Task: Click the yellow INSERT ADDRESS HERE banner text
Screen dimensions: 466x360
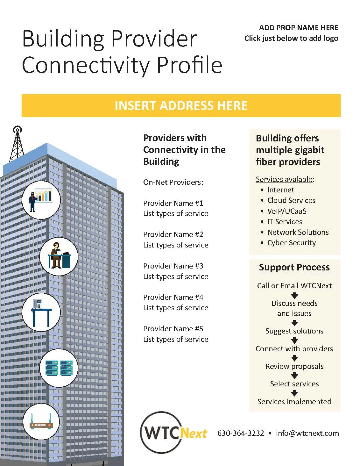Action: (181, 106)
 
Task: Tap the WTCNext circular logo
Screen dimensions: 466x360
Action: (173, 433)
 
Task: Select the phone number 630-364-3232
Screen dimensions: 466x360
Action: (241, 433)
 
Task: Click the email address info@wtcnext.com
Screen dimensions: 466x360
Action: (307, 433)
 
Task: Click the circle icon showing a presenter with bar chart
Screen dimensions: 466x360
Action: (41, 200)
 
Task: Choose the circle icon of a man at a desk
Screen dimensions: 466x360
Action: (59, 256)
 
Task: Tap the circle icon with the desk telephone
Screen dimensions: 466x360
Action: (41, 312)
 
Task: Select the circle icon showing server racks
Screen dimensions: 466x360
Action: (59, 368)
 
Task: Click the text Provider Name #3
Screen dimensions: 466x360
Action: (173, 266)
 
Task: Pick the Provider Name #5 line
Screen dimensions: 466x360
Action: (173, 329)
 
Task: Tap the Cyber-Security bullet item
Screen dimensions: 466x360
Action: (291, 243)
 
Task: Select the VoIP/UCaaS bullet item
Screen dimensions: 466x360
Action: (287, 211)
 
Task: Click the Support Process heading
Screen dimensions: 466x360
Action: (294, 267)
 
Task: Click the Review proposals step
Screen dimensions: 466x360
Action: (294, 366)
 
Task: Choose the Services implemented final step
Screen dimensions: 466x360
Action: (294, 402)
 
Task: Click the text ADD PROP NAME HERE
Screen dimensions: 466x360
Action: (299, 28)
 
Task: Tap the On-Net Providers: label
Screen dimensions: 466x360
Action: (173, 182)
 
